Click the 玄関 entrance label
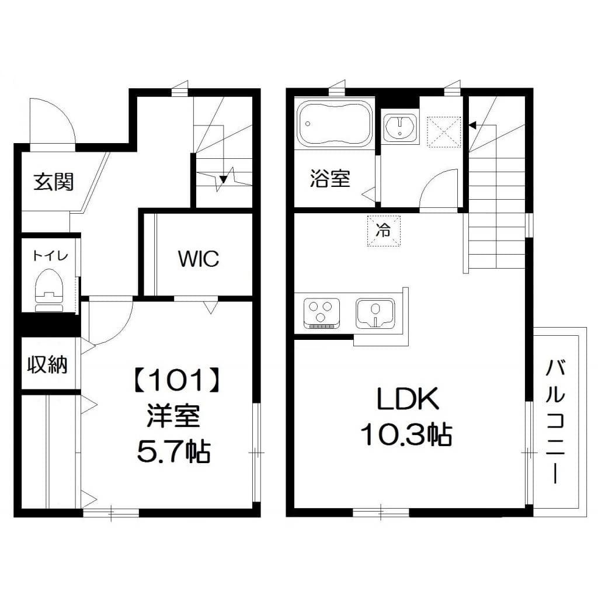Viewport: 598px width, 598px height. click(x=53, y=182)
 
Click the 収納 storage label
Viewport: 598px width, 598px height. click(x=47, y=365)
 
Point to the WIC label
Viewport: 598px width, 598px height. click(x=199, y=258)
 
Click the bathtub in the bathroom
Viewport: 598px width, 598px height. click(x=335, y=123)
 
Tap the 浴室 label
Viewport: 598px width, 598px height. click(x=330, y=179)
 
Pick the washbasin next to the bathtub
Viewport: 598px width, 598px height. click(x=401, y=127)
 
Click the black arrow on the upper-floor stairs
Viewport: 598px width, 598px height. click(x=472, y=124)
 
